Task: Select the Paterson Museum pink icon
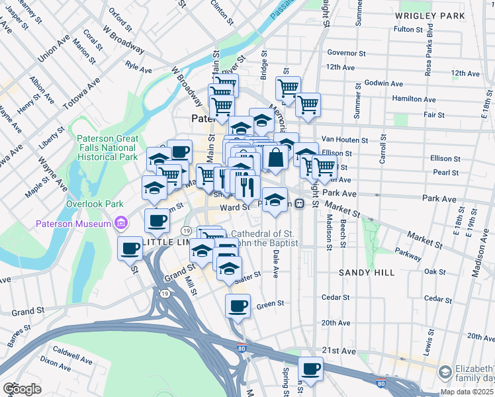pos(120,224)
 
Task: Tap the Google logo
pos(21,389)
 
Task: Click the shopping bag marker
pos(275,159)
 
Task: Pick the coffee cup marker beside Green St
pos(238,306)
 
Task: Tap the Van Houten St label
pos(344,140)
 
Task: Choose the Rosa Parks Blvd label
pos(429,47)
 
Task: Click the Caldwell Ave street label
pos(73,355)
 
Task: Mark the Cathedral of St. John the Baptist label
pos(261,238)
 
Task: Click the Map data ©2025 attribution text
pos(467,392)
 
